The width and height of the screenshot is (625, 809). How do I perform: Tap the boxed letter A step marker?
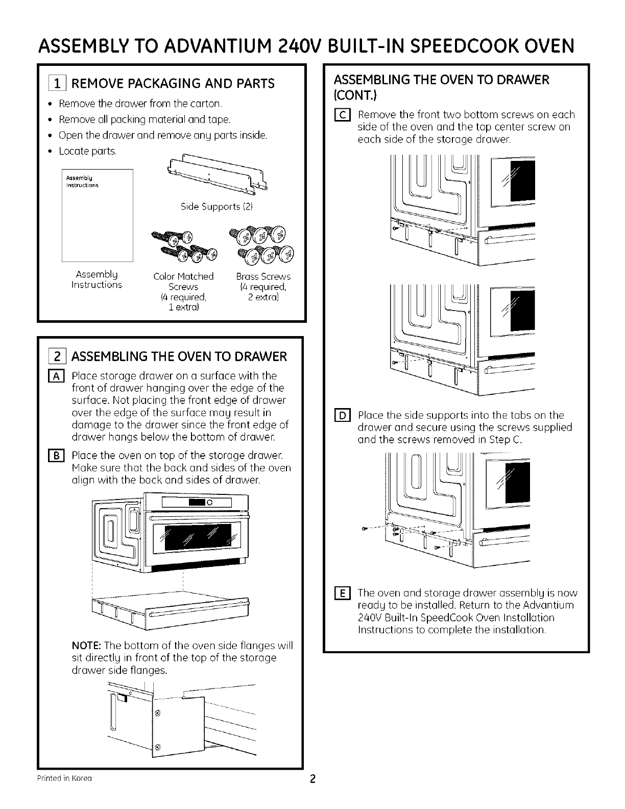(x=59, y=377)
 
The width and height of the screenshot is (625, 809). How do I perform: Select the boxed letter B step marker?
(x=59, y=456)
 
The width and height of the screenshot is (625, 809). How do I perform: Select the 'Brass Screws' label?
(x=263, y=277)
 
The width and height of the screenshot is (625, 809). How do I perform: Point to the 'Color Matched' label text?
(x=183, y=277)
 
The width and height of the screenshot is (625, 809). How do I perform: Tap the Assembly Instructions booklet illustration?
(x=97, y=215)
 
